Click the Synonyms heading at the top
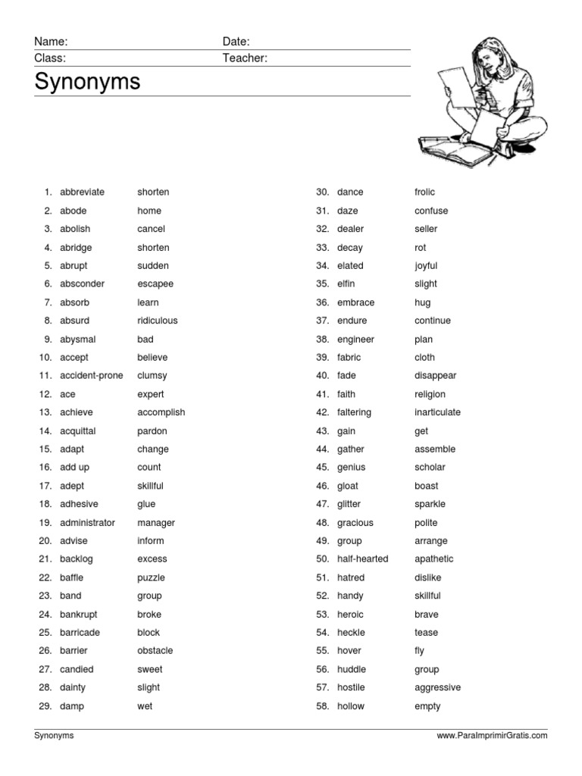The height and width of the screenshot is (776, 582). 87,82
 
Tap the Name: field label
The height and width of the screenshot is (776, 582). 51,42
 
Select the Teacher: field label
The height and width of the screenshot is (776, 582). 245,58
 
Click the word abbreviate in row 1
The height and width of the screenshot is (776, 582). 82,192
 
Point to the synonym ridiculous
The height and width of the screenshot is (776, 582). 158,321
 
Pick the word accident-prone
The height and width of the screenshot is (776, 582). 92,376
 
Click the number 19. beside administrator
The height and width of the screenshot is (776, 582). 45,523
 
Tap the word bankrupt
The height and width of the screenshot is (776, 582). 79,615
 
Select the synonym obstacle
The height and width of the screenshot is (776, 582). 155,651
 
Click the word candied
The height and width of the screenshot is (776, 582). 77,670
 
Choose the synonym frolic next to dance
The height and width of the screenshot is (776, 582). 425,192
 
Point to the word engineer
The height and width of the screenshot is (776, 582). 355,339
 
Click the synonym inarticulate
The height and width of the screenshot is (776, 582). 437,413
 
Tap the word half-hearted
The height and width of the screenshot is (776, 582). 362,559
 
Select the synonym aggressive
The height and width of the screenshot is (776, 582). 437,688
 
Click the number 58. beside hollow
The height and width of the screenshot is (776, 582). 322,706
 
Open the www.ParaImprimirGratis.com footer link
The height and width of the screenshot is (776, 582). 492,736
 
